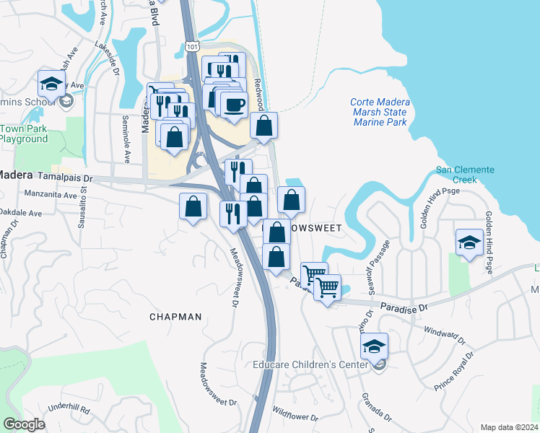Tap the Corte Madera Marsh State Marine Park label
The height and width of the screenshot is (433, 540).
click(x=379, y=112)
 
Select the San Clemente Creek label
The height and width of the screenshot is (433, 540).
click(x=465, y=174)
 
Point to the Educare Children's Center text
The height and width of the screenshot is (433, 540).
click(x=312, y=365)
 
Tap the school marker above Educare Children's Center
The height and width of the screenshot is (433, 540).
click(x=374, y=347)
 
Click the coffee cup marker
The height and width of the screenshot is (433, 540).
click(x=233, y=105)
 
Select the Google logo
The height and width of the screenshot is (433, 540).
click(x=24, y=424)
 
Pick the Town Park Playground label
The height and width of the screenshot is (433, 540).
click(x=25, y=134)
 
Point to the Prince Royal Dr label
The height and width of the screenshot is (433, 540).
click(x=455, y=372)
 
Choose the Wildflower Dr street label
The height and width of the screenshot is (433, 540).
click(x=295, y=414)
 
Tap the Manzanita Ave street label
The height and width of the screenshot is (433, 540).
click(x=50, y=195)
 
